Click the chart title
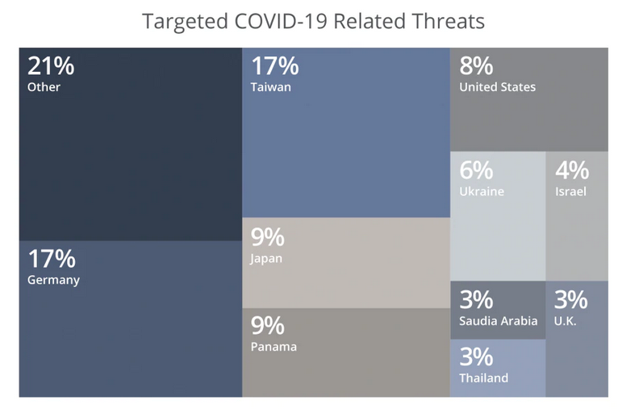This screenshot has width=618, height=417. point(313,21)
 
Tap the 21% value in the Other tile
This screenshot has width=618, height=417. point(52,66)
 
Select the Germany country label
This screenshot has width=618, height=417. point(53,281)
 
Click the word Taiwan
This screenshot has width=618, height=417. point(270,87)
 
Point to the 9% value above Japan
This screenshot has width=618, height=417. point(268,238)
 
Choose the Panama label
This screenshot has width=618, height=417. point(274,347)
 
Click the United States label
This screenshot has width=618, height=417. point(497,87)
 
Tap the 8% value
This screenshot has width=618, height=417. point(476,66)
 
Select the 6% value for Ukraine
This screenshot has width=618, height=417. point(476,171)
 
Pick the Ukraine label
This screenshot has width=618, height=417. point(482,192)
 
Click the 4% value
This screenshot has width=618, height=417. point(572,171)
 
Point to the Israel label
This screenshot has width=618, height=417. point(570,192)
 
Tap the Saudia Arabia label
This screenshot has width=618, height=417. point(498,321)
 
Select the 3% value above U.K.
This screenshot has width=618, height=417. point(570,300)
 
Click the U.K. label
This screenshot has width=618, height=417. point(566,321)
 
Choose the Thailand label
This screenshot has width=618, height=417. point(484,377)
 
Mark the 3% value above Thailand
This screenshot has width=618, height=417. point(476,357)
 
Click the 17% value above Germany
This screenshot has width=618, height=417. point(52,260)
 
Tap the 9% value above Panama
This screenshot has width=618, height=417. point(268,326)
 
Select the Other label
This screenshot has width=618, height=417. point(44,87)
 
